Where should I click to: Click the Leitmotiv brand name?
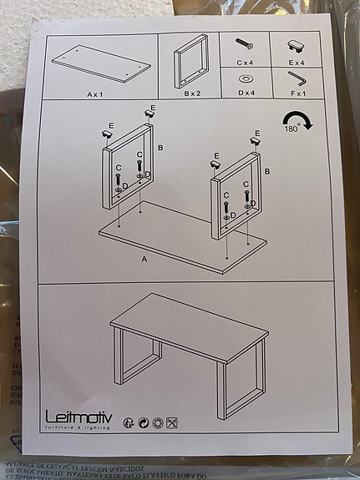point(80,416)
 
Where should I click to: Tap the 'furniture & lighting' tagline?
point(79,427)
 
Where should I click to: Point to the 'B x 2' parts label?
point(193,94)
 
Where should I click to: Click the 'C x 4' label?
point(246,62)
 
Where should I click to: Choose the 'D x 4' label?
point(246,94)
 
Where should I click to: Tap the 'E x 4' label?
point(297,62)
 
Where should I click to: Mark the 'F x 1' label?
point(297,94)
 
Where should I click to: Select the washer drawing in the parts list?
point(246,78)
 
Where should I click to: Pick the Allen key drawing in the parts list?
point(297,78)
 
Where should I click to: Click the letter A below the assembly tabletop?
point(144,260)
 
